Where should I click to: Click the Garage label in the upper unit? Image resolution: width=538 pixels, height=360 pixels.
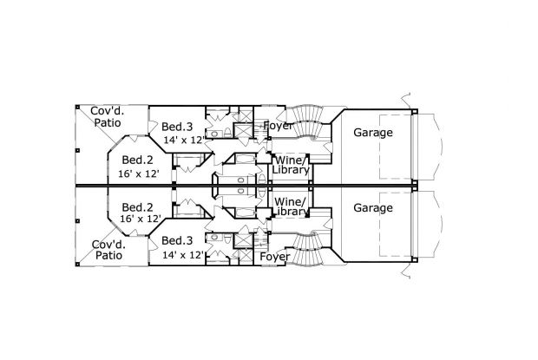373,133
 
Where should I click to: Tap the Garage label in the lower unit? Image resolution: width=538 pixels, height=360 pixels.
373,208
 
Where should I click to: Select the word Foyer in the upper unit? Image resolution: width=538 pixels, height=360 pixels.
277,126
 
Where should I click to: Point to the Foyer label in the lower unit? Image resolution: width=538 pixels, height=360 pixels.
275,257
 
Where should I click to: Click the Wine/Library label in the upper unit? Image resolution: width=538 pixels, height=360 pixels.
291,165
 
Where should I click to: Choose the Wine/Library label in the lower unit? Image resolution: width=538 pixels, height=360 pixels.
291,206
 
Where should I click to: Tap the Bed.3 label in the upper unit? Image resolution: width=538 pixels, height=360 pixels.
177,127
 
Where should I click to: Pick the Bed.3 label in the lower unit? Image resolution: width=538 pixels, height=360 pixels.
177,240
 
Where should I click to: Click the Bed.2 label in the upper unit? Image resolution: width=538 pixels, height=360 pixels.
137,160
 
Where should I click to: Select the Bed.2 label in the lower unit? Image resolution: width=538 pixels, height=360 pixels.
137,207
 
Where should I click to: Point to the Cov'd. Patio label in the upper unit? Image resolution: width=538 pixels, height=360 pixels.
108,117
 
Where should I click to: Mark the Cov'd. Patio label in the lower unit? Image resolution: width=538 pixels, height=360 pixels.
108,250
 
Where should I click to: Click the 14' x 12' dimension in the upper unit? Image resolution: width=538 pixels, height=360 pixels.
184,140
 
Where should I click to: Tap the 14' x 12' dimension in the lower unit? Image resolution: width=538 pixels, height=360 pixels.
184,255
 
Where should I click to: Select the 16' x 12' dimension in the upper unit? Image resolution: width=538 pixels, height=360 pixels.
139,173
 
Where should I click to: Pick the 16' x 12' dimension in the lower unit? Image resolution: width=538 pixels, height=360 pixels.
141,219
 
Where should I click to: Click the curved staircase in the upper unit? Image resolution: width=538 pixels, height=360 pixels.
305,122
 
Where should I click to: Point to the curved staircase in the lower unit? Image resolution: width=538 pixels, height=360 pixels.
305,248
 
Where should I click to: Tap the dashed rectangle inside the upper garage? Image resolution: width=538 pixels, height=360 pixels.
396,147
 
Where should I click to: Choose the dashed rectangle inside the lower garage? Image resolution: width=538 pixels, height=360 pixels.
396,224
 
